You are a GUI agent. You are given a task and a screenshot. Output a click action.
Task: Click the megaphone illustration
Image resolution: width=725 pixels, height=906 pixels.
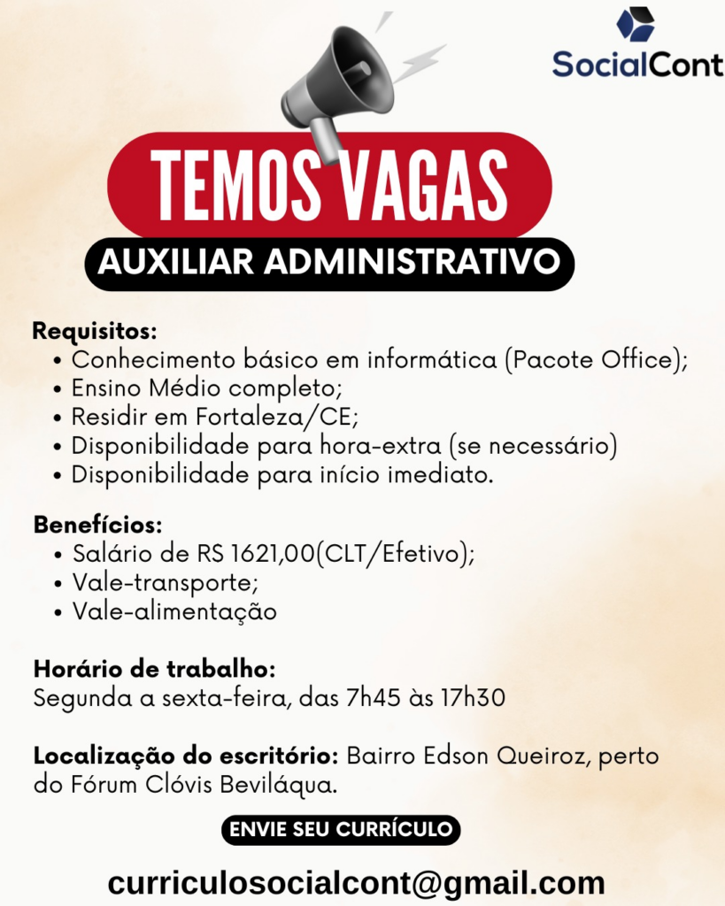click(x=341, y=84)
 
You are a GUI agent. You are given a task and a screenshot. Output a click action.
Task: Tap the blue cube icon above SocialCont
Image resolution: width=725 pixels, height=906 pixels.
click(x=636, y=24)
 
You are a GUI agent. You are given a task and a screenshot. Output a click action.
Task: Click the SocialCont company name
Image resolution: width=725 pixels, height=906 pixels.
click(x=637, y=65)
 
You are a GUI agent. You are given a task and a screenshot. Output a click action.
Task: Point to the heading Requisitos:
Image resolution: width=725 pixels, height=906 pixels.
click(x=95, y=333)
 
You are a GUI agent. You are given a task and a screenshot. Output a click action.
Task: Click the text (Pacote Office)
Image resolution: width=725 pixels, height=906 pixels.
click(x=594, y=360)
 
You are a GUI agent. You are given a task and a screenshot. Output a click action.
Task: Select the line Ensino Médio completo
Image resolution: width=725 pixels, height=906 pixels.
click(x=206, y=388)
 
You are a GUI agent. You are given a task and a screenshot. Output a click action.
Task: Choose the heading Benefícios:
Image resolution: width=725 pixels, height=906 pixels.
click(x=97, y=525)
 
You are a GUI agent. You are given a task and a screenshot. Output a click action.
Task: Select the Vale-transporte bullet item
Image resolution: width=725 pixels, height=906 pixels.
click(x=165, y=583)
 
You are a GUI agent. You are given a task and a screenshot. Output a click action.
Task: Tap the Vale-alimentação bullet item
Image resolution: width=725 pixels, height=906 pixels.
click(x=174, y=611)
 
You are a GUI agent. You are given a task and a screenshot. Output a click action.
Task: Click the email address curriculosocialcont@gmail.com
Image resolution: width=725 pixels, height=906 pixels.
click(x=356, y=882)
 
